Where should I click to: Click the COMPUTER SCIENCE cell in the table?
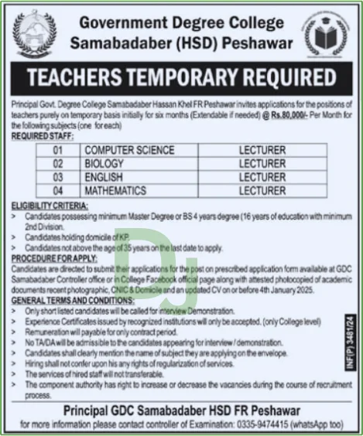129,151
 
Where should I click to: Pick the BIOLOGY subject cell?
104,164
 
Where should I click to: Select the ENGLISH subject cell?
104,177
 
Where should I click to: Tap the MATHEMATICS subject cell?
116,190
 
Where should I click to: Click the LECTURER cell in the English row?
262,177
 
